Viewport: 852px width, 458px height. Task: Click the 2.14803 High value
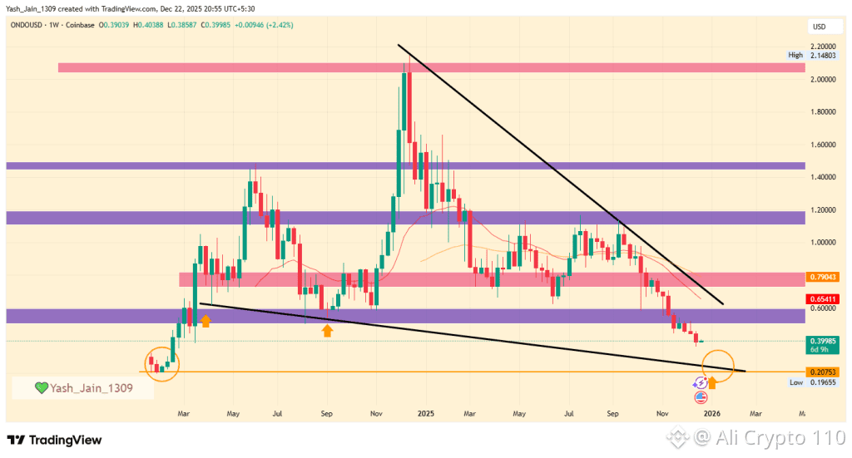tap(821, 55)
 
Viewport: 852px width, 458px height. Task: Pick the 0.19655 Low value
tap(821, 382)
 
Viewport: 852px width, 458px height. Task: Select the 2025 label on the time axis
tap(426, 412)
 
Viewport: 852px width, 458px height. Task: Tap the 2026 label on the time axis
tap(712, 412)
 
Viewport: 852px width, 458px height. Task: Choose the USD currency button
tap(819, 27)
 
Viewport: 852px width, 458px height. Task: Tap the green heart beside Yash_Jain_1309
tap(41, 387)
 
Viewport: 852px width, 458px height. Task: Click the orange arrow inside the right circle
tap(712, 382)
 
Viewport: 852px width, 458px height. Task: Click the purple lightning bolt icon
tap(701, 382)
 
